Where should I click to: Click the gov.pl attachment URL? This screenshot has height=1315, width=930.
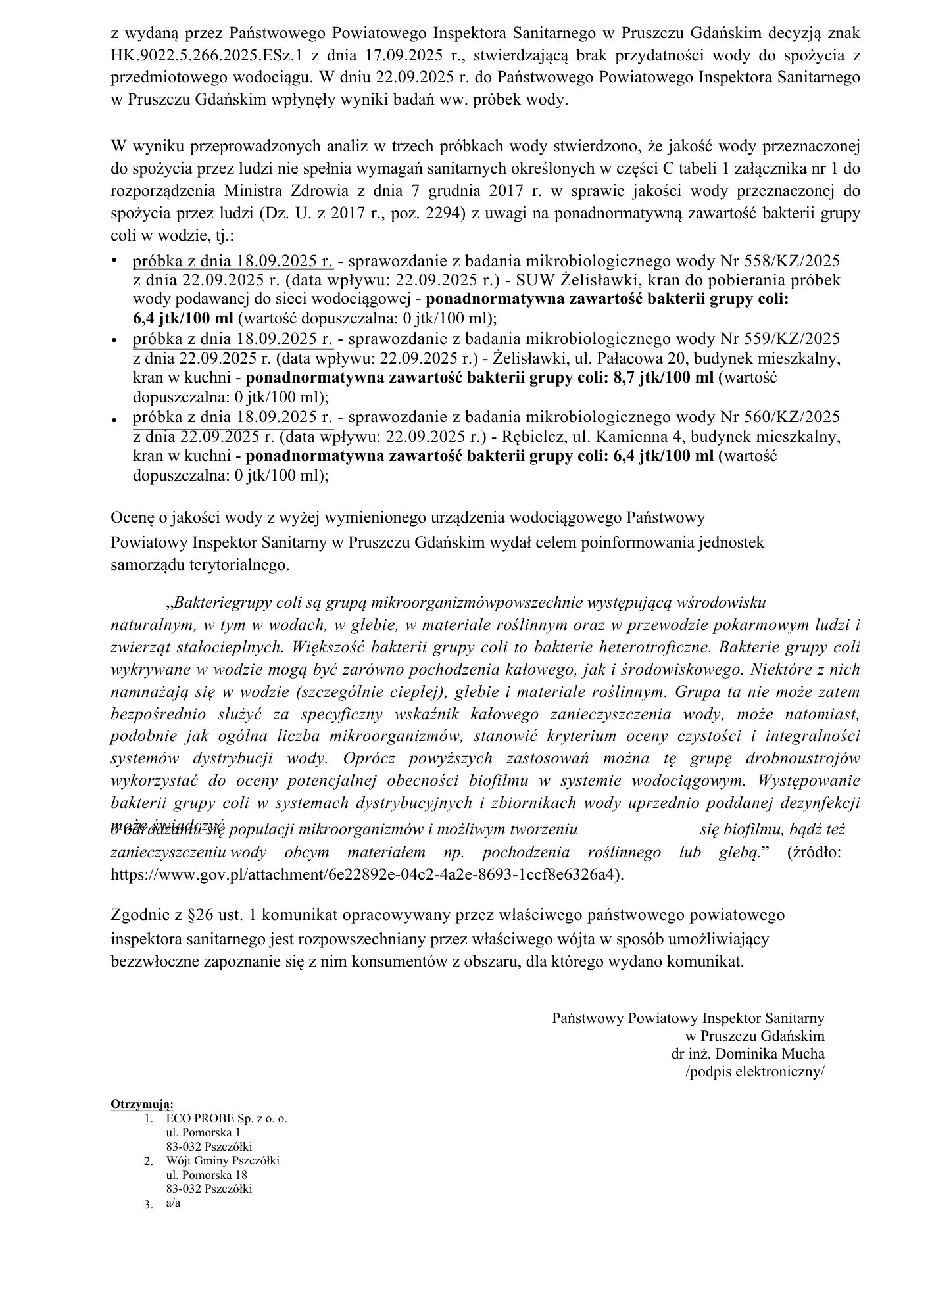click(366, 875)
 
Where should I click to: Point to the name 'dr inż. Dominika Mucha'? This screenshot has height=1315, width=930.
click(747, 1053)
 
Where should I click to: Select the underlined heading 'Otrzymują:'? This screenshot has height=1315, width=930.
click(142, 1103)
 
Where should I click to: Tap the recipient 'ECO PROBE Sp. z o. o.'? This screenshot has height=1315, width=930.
click(226, 1118)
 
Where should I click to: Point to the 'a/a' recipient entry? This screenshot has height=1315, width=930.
click(173, 1203)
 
